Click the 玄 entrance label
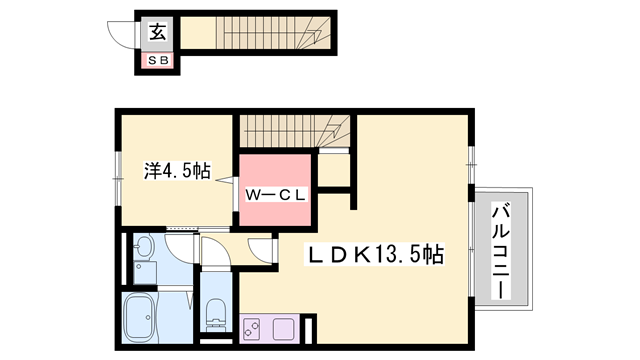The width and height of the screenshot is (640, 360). (159, 32)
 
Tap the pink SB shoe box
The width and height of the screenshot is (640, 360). (159, 61)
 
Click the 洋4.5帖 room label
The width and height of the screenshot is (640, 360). (174, 170)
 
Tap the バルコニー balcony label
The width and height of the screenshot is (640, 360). (504, 250)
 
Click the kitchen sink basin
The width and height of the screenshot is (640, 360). (282, 327)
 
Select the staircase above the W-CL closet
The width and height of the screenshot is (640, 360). (290, 130)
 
